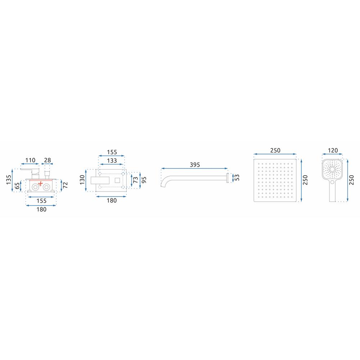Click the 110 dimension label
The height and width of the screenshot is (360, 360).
click(x=30, y=160)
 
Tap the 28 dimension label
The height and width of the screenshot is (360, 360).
click(x=47, y=160)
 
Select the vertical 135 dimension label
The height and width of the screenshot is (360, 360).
click(x=9, y=180)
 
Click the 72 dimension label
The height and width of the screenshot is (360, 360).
click(x=66, y=185)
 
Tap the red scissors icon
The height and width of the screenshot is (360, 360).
click(x=40, y=184)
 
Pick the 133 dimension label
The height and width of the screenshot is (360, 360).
click(x=112, y=161)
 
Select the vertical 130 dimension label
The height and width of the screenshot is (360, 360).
click(x=82, y=180)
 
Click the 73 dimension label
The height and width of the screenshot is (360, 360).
click(x=136, y=180)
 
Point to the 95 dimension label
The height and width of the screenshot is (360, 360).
click(x=144, y=180)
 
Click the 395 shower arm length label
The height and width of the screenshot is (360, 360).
click(x=195, y=165)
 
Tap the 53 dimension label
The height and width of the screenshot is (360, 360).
click(x=237, y=177)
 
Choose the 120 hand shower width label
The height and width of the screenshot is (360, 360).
click(x=333, y=150)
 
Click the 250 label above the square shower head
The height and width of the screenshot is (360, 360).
click(x=275, y=150)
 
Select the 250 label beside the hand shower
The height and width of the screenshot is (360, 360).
click(x=351, y=180)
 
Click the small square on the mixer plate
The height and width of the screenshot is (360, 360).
click(x=117, y=180)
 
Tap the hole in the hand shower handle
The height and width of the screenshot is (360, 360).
click(x=332, y=182)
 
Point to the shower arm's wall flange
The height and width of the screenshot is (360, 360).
click(x=228, y=178)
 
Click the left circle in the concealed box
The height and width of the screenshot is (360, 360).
click(x=35, y=187)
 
